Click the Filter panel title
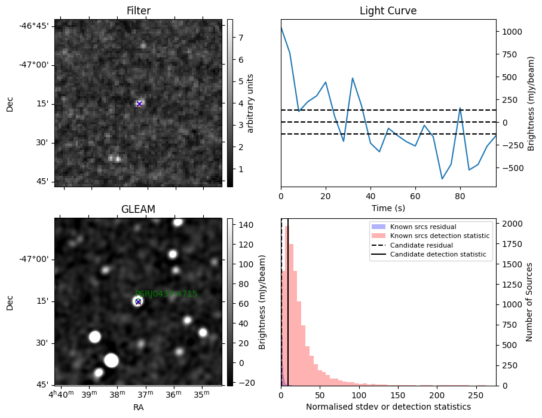point(138,11)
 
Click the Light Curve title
point(388,11)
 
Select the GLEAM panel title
point(138,209)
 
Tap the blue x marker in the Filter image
point(139,104)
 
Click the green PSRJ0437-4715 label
point(166,294)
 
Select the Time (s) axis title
point(388,207)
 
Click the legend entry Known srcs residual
point(422,227)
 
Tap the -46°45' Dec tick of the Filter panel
point(36,26)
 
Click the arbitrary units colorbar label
point(251,103)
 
